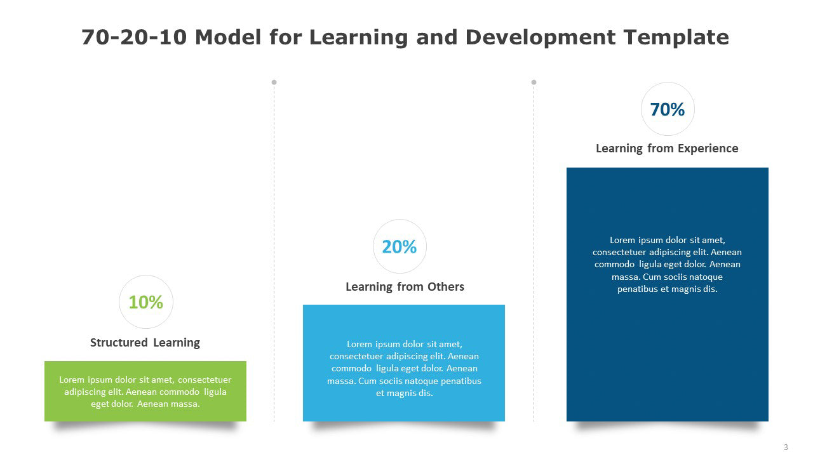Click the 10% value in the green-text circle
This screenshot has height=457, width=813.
pyautogui.click(x=146, y=302)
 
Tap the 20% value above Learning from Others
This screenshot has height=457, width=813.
pyautogui.click(x=400, y=247)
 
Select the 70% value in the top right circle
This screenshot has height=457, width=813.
pyautogui.click(x=668, y=109)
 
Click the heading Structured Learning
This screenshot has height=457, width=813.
pyautogui.click(x=145, y=343)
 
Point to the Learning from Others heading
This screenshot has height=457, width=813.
pyautogui.click(x=405, y=287)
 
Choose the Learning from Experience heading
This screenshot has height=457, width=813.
pyautogui.click(x=667, y=149)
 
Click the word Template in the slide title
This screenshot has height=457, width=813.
pyautogui.click(x=676, y=37)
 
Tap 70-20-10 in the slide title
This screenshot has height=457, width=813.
pyautogui.click(x=134, y=37)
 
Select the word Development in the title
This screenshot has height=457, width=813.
pyautogui.click(x=541, y=37)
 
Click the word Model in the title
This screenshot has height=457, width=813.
pyautogui.click(x=228, y=37)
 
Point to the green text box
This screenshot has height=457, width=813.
pyautogui.click(x=145, y=392)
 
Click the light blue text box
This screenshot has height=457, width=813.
pyautogui.click(x=404, y=363)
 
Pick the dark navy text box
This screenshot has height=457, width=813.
pyautogui.click(x=668, y=295)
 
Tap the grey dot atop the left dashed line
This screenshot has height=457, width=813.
pyautogui.click(x=274, y=83)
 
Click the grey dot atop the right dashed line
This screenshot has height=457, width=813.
pyautogui.click(x=534, y=83)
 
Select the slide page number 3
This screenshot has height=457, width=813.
pyautogui.click(x=786, y=447)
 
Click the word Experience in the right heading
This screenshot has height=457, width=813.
pyautogui.click(x=708, y=149)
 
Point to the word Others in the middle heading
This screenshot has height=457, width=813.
pyautogui.click(x=446, y=287)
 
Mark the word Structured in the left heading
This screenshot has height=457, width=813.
pyautogui.click(x=119, y=343)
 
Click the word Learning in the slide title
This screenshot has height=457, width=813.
pyautogui.click(x=359, y=37)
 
